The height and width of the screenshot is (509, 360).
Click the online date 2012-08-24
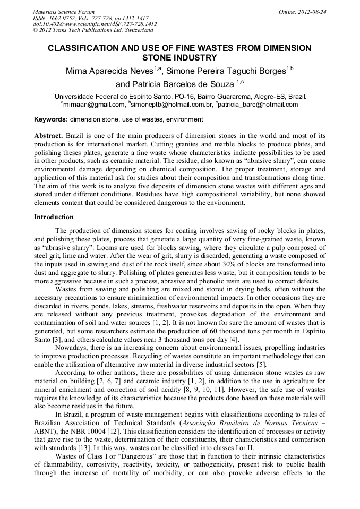311,11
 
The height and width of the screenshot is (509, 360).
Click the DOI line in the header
95,24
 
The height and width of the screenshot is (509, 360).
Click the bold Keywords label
51,119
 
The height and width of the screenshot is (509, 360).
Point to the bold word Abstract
49,136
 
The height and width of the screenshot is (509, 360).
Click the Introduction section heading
54,217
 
